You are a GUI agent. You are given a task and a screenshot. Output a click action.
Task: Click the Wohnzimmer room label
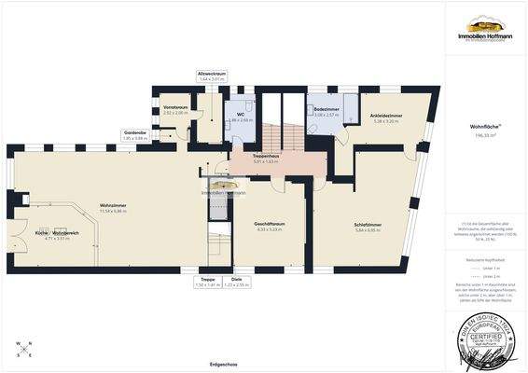(113, 207)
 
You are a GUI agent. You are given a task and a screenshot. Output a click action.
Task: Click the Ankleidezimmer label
(386, 117)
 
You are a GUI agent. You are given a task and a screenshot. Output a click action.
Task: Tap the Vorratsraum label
(175, 109)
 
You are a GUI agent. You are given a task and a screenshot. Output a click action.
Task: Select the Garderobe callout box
(135, 135)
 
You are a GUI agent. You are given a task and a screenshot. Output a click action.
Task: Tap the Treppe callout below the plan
(208, 282)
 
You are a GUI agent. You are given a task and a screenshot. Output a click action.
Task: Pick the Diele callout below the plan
(236, 282)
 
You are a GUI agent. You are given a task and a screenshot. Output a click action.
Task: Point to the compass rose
(23, 351)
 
